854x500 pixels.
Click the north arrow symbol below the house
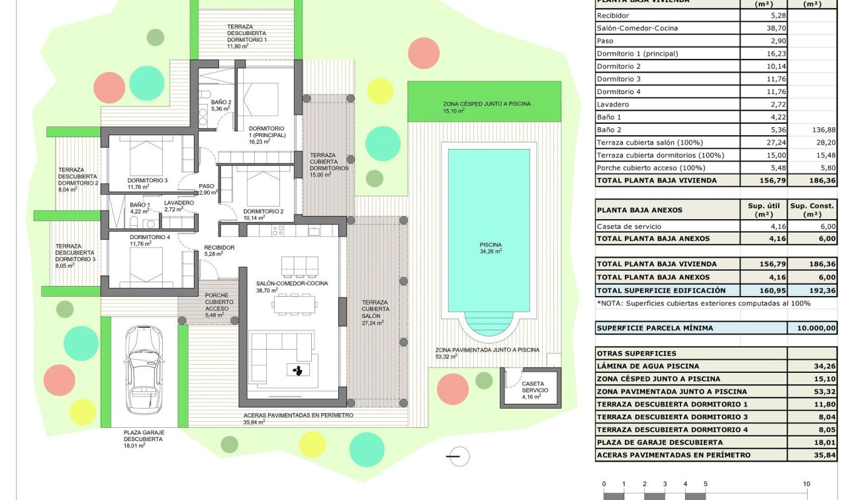tap(457, 456)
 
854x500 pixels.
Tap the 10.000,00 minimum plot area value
tap(812, 328)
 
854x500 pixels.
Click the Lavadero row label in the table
tap(613, 105)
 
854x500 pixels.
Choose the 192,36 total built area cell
tap(812, 290)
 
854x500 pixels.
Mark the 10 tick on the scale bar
tap(806, 484)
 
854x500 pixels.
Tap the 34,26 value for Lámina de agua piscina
tap(812, 366)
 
